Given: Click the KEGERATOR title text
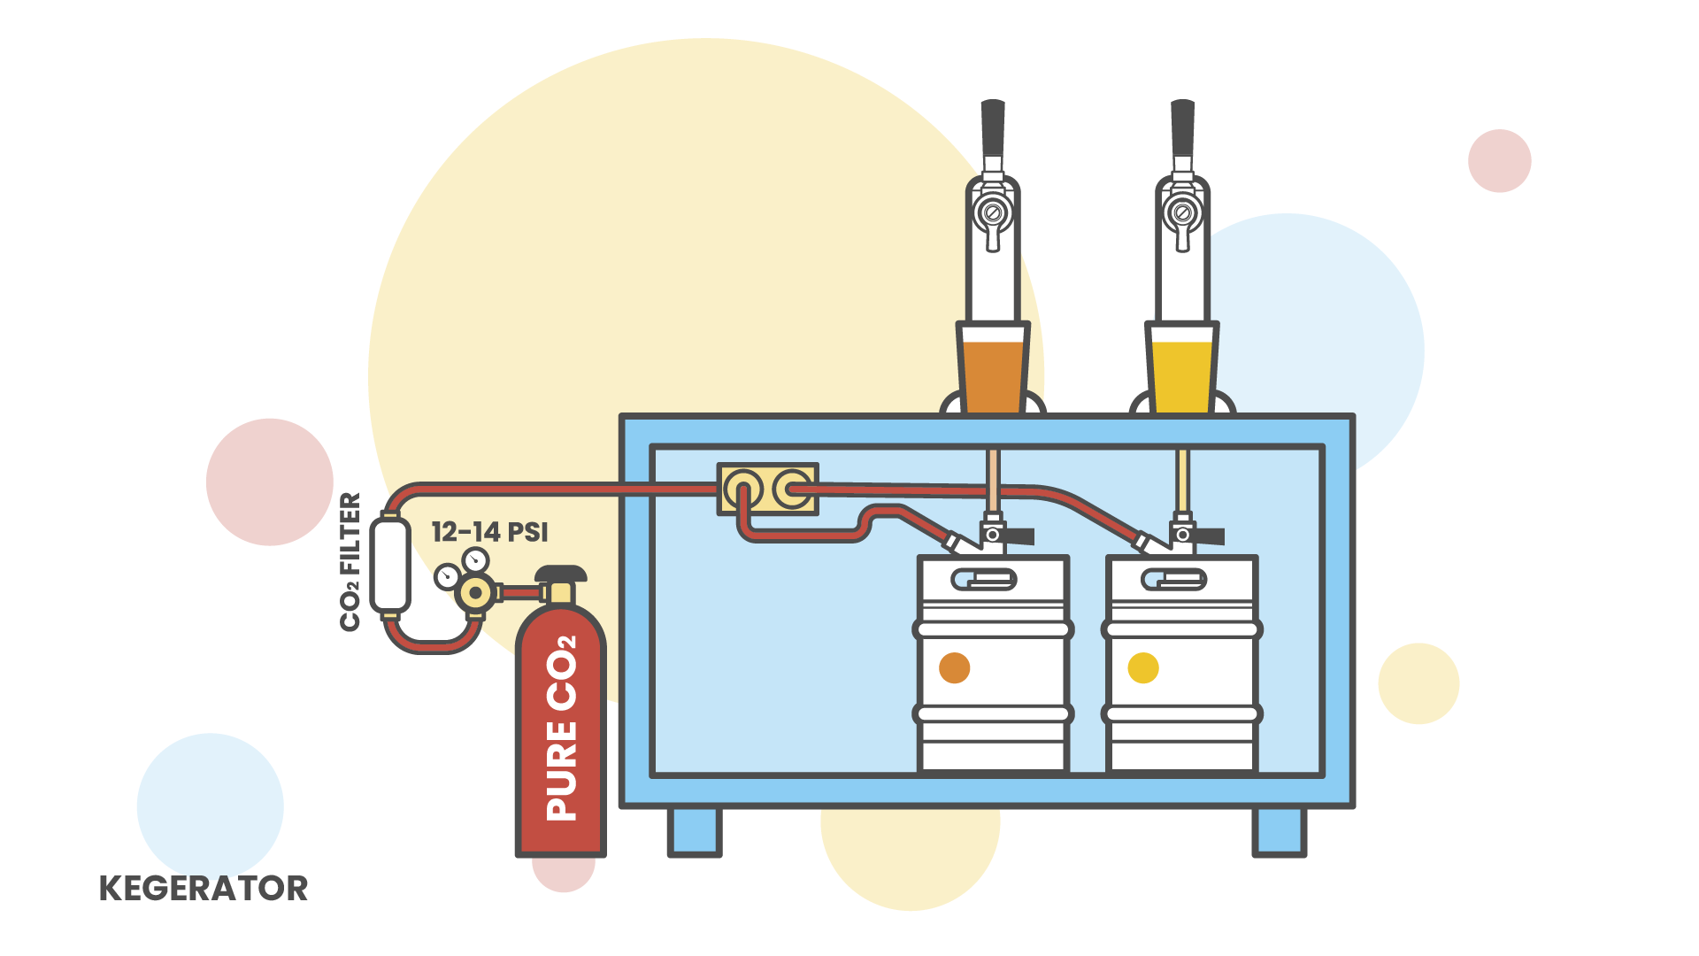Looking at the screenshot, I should click(204, 888).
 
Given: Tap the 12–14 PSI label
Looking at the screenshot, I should click(489, 532).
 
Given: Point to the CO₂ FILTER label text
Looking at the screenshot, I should click(350, 562).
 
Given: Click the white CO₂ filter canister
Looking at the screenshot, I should click(389, 566).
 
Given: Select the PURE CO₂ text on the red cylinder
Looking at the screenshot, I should click(561, 728).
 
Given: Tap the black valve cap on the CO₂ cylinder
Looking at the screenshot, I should click(561, 574).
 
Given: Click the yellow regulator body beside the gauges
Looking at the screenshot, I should click(476, 592).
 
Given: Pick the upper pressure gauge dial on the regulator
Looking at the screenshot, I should click(476, 559).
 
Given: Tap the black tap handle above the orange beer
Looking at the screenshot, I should click(993, 128).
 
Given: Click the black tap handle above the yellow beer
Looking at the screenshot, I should click(1182, 128).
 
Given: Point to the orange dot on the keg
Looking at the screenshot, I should click(954, 667).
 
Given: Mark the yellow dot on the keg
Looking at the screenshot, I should click(1143, 667).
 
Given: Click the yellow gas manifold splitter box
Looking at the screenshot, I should click(767, 489).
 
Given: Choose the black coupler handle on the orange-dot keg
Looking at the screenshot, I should click(1019, 536).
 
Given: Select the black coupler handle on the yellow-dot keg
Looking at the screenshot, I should click(1209, 536).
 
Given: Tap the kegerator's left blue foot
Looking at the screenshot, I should click(695, 831).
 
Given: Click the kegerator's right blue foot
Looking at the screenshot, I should click(1280, 831).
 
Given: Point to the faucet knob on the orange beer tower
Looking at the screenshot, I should click(993, 213).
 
